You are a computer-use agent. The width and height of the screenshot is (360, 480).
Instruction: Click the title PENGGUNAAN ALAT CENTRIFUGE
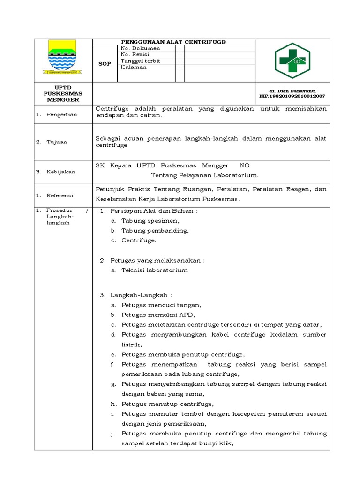(173, 42)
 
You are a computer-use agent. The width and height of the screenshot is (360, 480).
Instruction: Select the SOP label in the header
(105, 64)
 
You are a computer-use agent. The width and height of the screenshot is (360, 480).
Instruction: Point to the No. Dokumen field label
(140, 48)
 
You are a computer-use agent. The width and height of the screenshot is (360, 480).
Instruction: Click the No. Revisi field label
(135, 54)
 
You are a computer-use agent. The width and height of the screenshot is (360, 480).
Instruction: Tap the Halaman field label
(134, 67)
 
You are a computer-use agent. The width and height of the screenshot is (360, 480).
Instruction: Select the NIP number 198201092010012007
(292, 96)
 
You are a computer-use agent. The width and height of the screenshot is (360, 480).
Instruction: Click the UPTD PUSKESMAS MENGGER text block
(63, 94)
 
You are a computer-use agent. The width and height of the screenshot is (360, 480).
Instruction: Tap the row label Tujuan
(57, 142)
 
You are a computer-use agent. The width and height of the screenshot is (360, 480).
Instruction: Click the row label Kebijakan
(60, 172)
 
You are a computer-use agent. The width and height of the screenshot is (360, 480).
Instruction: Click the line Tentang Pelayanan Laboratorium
(204, 175)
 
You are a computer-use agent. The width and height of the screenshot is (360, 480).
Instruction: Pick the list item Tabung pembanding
(155, 231)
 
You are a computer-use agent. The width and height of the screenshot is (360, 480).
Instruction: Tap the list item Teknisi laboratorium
(155, 270)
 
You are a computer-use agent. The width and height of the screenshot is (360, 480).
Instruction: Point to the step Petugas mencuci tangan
(162, 305)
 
